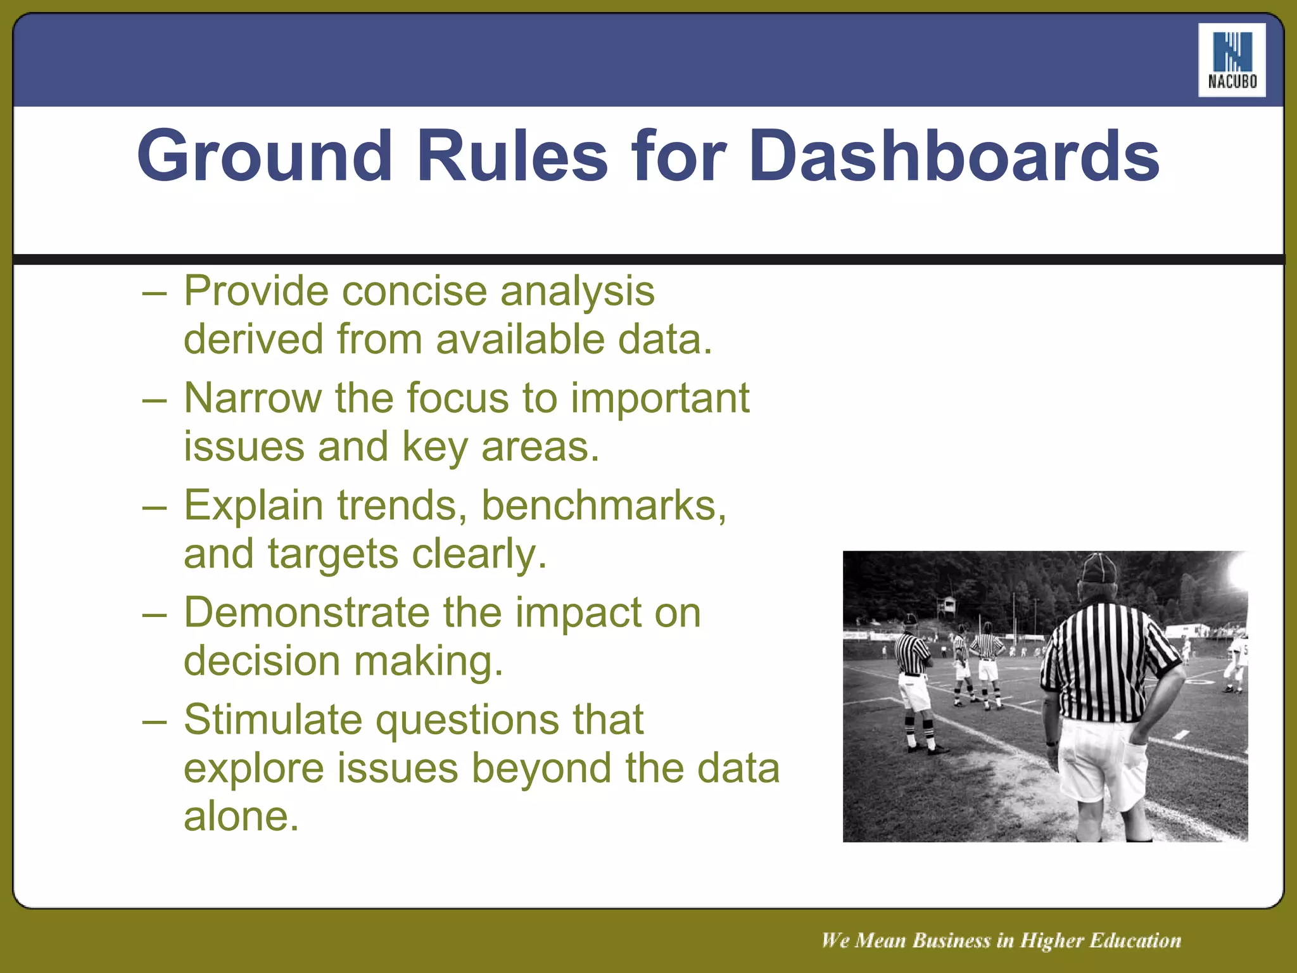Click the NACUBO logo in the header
(1232, 60)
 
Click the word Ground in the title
(264, 156)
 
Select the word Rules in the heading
(512, 156)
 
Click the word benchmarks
(604, 506)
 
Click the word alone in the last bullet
(241, 817)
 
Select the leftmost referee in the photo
(914, 681)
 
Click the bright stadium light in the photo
(1238, 569)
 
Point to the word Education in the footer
(1136, 940)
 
